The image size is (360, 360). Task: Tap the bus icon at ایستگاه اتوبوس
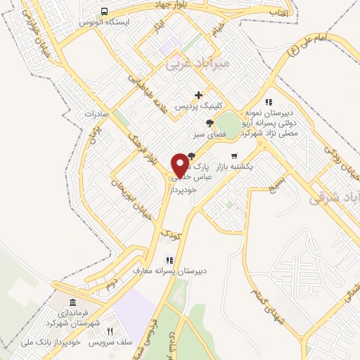click(104, 12)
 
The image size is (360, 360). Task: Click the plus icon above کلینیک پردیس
click(199, 95)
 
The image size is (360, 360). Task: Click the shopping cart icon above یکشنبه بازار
click(234, 156)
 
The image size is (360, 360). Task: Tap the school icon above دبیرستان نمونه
click(269, 102)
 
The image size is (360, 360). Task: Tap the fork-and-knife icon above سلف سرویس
click(110, 330)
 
